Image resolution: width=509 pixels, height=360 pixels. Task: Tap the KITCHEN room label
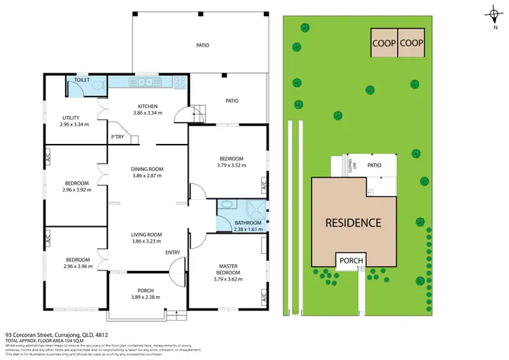(x=148, y=106)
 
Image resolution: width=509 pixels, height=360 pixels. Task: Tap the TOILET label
(x=82, y=79)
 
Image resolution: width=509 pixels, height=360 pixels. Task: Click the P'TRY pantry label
(x=117, y=137)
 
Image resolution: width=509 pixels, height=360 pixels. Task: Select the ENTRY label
(x=173, y=253)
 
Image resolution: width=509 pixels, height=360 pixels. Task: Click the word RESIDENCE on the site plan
(x=353, y=222)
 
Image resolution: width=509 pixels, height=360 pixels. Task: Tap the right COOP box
(x=411, y=42)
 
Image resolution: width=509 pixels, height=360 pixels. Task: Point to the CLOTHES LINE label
(x=352, y=165)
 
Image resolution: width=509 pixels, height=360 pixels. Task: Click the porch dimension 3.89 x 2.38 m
(x=146, y=297)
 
